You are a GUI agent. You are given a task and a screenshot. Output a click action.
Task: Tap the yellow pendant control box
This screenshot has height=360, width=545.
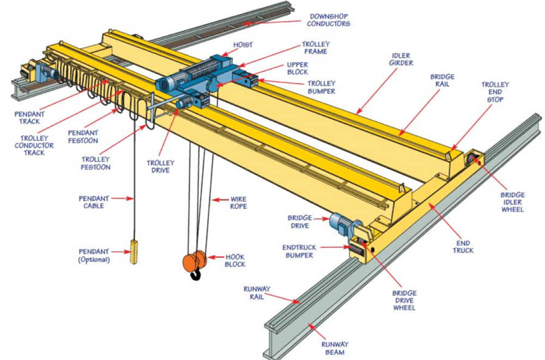(x=134, y=251)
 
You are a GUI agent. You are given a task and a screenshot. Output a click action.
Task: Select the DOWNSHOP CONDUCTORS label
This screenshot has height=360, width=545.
(x=328, y=20)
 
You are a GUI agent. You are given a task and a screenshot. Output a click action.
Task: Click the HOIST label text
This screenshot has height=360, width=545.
(x=244, y=45)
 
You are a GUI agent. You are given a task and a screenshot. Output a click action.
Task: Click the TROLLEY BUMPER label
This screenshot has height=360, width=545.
(x=322, y=87)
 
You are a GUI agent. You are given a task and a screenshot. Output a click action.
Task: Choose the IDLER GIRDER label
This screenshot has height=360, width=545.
(x=402, y=59)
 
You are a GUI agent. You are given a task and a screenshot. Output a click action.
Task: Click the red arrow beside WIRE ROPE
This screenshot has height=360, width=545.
(x=219, y=200)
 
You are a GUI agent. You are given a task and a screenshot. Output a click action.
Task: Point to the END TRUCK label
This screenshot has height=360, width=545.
(x=463, y=247)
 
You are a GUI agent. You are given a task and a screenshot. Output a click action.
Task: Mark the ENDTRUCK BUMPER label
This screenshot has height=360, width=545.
(x=299, y=251)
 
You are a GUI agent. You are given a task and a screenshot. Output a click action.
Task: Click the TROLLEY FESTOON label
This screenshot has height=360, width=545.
(x=95, y=163)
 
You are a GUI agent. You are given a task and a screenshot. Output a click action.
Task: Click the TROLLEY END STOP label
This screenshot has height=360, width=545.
(x=495, y=92)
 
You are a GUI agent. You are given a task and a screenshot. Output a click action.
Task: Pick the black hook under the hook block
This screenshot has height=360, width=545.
(x=195, y=276)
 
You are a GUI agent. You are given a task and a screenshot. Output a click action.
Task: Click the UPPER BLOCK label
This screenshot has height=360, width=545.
(x=298, y=68)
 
